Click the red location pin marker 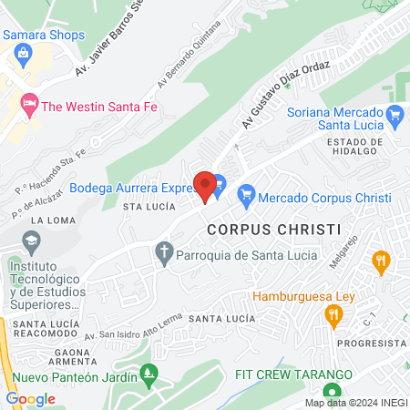pos(206,187)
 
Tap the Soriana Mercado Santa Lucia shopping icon pos(395,115)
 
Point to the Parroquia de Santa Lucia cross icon pos(164,253)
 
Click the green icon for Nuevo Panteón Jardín pos(151,373)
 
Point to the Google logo pos(30,399)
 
